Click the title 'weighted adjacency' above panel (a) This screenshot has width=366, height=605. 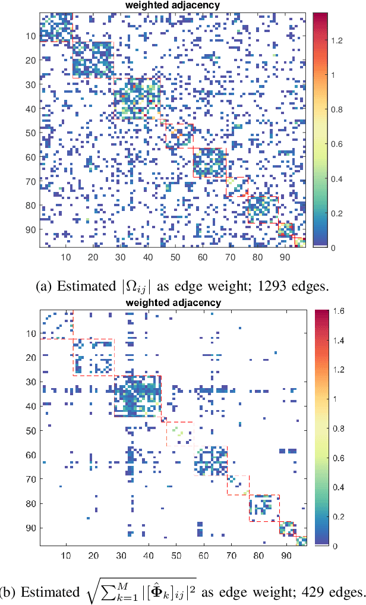coord(172,5)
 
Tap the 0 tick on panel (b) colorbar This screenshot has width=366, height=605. coord(333,545)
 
